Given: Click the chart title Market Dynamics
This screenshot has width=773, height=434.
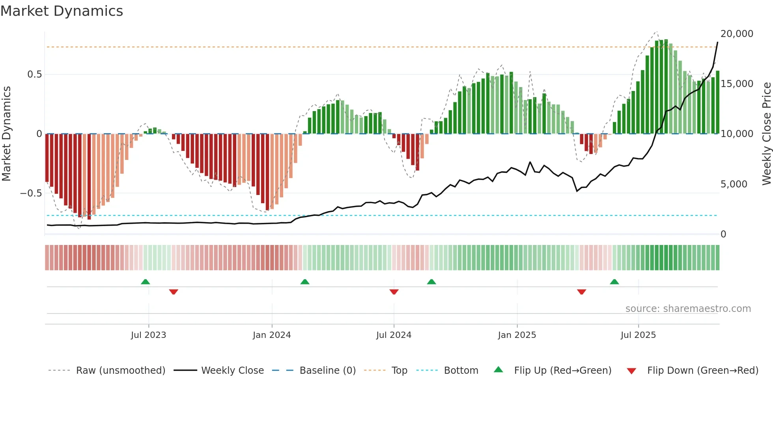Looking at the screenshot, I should (x=62, y=11).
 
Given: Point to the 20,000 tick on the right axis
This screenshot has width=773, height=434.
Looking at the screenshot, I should (x=737, y=34).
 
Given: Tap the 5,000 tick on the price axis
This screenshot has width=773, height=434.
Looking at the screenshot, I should (x=734, y=184).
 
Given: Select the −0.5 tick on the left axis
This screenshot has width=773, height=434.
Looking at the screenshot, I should (x=31, y=193).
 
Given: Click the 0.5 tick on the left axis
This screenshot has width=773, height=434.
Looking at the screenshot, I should (x=34, y=74).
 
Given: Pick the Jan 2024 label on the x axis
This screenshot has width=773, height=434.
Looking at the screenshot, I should (x=272, y=335).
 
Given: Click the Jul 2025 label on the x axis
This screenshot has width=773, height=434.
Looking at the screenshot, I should (x=638, y=335).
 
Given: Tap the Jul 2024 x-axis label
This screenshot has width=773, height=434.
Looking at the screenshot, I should (x=394, y=335).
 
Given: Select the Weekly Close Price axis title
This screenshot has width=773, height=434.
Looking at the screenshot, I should (x=766, y=134).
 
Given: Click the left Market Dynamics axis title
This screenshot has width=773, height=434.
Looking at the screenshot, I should (x=6, y=134).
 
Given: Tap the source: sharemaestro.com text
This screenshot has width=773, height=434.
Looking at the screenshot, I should (x=688, y=309).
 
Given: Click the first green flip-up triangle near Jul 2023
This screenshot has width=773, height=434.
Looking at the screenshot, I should (x=146, y=282).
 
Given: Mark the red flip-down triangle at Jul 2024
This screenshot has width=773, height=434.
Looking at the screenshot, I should (x=394, y=291).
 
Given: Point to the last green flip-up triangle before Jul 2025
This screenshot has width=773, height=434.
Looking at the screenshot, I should (x=614, y=282).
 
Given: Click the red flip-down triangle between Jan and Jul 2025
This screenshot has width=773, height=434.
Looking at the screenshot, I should (x=581, y=291).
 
